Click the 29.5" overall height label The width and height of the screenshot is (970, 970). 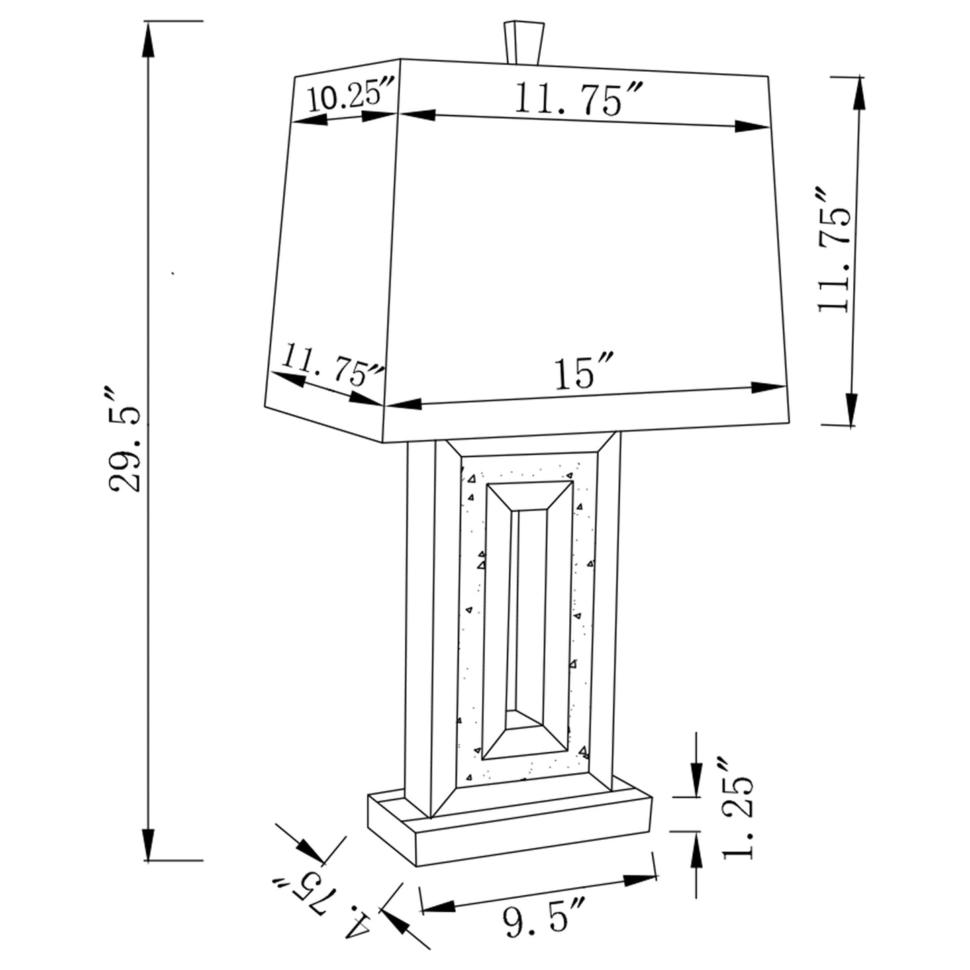click(126, 440)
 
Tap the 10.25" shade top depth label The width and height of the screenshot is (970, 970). click(350, 98)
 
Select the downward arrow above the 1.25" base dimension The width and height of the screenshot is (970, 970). click(696, 772)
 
